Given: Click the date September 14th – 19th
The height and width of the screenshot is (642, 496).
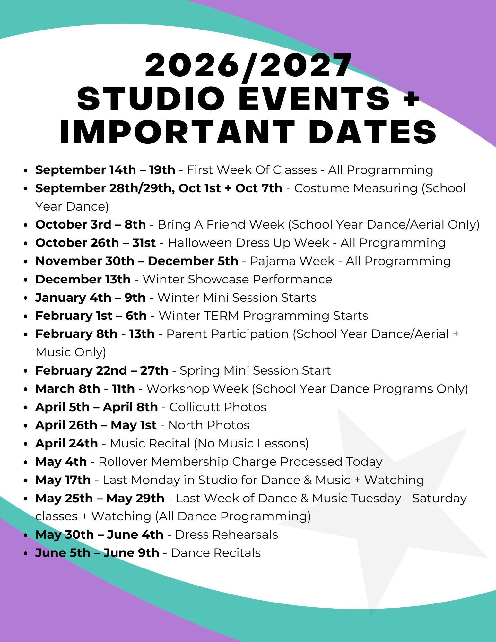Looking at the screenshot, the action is coord(105,170).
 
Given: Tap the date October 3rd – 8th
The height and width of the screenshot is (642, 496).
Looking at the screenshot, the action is coord(91,224).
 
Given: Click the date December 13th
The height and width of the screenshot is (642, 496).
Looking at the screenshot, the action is coord(83,279).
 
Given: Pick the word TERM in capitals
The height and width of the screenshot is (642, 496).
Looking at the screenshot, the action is coord(221,316).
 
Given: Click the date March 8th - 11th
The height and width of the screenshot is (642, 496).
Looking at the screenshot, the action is coord(85,389).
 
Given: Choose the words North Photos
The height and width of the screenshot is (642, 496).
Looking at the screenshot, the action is coord(209,425).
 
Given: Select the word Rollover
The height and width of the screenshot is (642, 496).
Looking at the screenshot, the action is coord(123,462).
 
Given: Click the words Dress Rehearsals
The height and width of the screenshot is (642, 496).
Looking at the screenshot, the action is coord(227,534).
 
